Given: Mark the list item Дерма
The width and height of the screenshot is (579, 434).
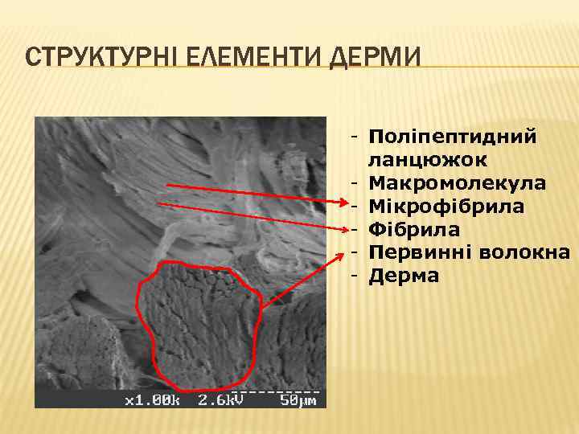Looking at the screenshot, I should pyautogui.click(x=404, y=276).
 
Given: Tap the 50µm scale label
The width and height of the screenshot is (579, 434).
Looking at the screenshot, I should pyautogui.click(x=298, y=399).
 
